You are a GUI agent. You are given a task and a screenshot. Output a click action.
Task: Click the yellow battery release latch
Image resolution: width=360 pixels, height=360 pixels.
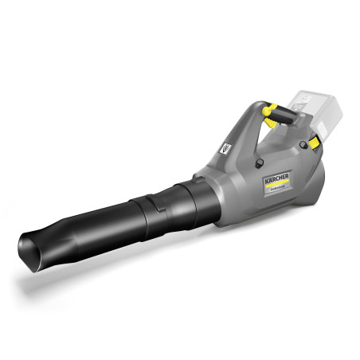[x=315, y=142]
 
